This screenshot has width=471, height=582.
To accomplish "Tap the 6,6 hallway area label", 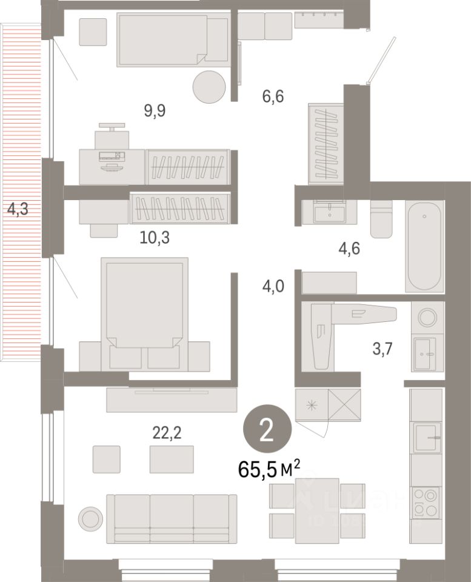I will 273,95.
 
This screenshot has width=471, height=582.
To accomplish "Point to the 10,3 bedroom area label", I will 155,238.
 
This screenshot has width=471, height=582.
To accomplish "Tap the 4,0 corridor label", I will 273,285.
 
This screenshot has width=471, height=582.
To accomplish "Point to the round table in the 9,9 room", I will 209,87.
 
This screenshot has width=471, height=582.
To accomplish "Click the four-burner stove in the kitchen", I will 427,503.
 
